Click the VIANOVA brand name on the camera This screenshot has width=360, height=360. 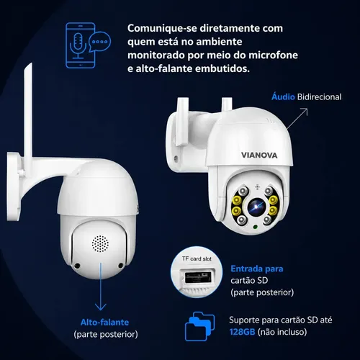click(x=259, y=156)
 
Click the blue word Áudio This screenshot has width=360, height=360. click(x=283, y=96)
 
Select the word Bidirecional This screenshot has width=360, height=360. click(x=319, y=97)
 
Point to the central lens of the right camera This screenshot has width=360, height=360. click(x=256, y=207)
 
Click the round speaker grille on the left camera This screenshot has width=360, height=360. click(x=100, y=243)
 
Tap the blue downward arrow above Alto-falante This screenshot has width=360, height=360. click(x=101, y=287)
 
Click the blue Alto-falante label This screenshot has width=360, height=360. click(x=104, y=322)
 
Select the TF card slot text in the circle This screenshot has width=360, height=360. click(x=197, y=258)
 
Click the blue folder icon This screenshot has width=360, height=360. click(x=199, y=326)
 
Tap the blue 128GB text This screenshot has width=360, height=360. click(x=242, y=332)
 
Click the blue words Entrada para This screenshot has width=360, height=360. click(x=257, y=269)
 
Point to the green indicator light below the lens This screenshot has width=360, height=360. click(x=256, y=226)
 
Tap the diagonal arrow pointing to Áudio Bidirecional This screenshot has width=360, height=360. click(x=297, y=119)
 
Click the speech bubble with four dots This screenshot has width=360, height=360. click(x=100, y=42)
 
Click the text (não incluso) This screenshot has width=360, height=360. click(x=282, y=332)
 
